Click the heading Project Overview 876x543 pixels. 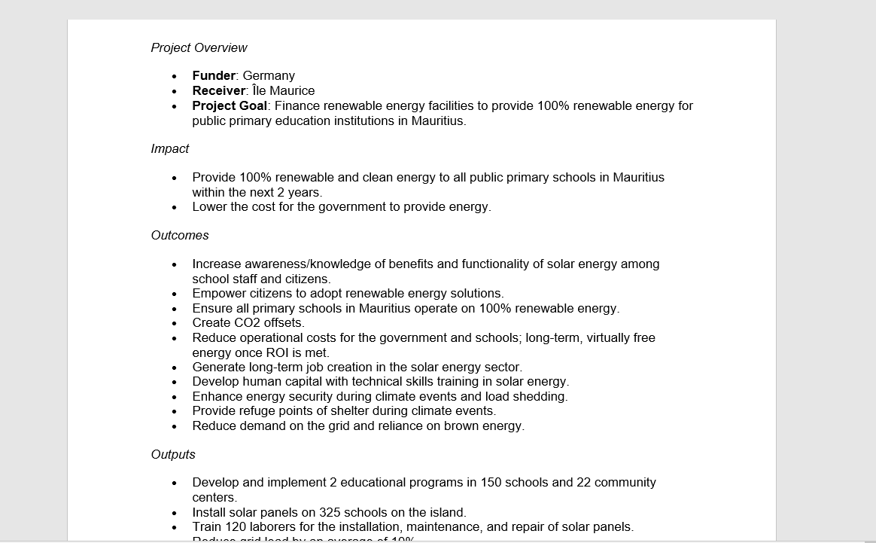tap(199, 47)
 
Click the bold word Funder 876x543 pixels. tap(214, 75)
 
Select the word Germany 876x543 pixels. tap(269, 75)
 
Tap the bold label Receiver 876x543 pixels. tap(218, 90)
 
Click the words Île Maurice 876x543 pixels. tap(283, 90)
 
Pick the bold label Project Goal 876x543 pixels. tap(229, 105)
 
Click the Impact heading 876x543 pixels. tap(169, 148)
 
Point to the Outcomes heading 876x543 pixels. tap(179, 235)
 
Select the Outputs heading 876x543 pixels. tap(172, 454)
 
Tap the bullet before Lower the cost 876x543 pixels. tap(175, 207)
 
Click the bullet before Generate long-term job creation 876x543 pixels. tap(175, 368)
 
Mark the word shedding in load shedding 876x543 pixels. tap(541, 396)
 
